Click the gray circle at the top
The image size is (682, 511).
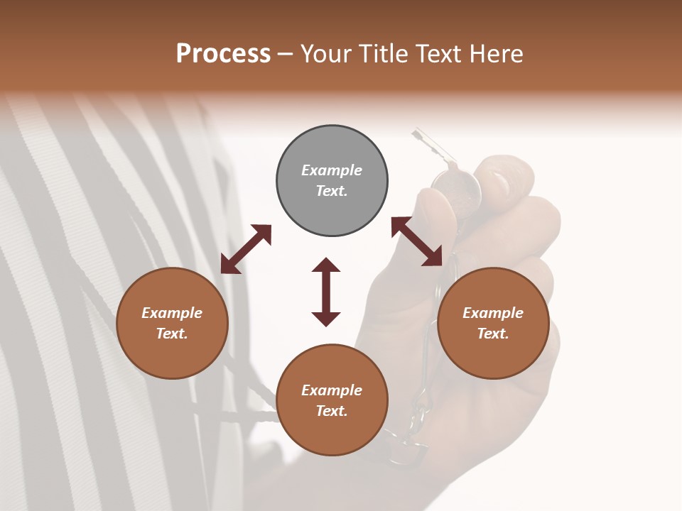click(332, 181)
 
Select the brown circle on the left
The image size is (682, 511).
click(172, 323)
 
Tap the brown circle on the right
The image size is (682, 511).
click(493, 323)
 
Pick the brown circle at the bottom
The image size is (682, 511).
click(332, 400)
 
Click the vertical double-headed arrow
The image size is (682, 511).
click(326, 292)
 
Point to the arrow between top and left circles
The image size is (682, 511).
click(246, 249)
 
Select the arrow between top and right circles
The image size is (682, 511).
click(417, 241)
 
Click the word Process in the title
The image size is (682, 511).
click(223, 54)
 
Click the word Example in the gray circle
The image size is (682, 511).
click(332, 170)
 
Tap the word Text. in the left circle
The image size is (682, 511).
click(172, 334)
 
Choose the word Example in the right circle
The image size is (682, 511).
click(493, 313)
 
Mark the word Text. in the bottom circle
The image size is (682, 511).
click(332, 411)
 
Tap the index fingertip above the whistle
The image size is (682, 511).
click(504, 174)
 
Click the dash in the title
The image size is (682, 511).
click(285, 54)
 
